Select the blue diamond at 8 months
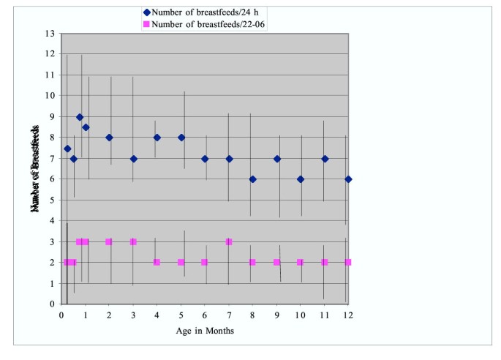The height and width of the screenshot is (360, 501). [x=252, y=179]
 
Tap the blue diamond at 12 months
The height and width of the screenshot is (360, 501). [x=348, y=179]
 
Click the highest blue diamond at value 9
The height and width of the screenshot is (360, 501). [x=80, y=117]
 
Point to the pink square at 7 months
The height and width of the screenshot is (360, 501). [x=229, y=241]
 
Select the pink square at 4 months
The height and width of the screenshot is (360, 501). [x=157, y=262]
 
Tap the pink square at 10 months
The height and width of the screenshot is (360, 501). [x=300, y=262]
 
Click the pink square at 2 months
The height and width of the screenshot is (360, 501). [x=109, y=241]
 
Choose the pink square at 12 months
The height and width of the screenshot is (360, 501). [x=348, y=262]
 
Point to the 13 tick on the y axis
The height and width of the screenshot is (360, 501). [x=50, y=34]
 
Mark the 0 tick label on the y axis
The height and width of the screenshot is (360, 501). [x=52, y=304]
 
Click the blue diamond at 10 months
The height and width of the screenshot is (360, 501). [x=300, y=179]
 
